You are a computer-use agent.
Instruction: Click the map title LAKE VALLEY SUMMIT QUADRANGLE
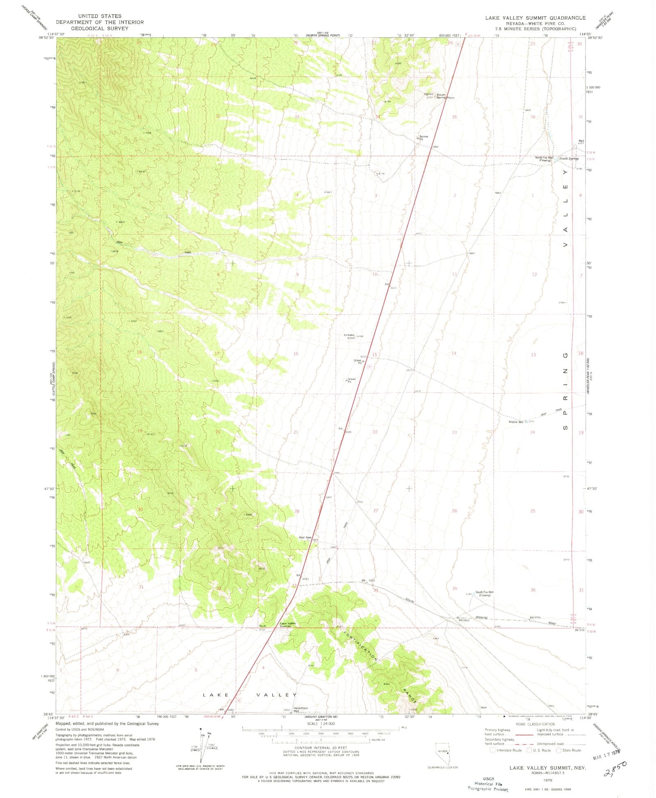535,18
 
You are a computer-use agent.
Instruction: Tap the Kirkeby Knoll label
350,336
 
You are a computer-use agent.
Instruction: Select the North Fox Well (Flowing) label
544,159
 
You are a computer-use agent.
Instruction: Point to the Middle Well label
516,422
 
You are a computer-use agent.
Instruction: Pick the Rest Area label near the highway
305,537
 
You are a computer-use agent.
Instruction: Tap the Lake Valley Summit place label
288,625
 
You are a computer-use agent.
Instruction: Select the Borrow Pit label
424,138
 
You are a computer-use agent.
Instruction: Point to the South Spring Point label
444,96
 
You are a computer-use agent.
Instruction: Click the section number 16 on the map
296,353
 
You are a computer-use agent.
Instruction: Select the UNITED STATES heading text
100,16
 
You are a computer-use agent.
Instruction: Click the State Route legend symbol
559,750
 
